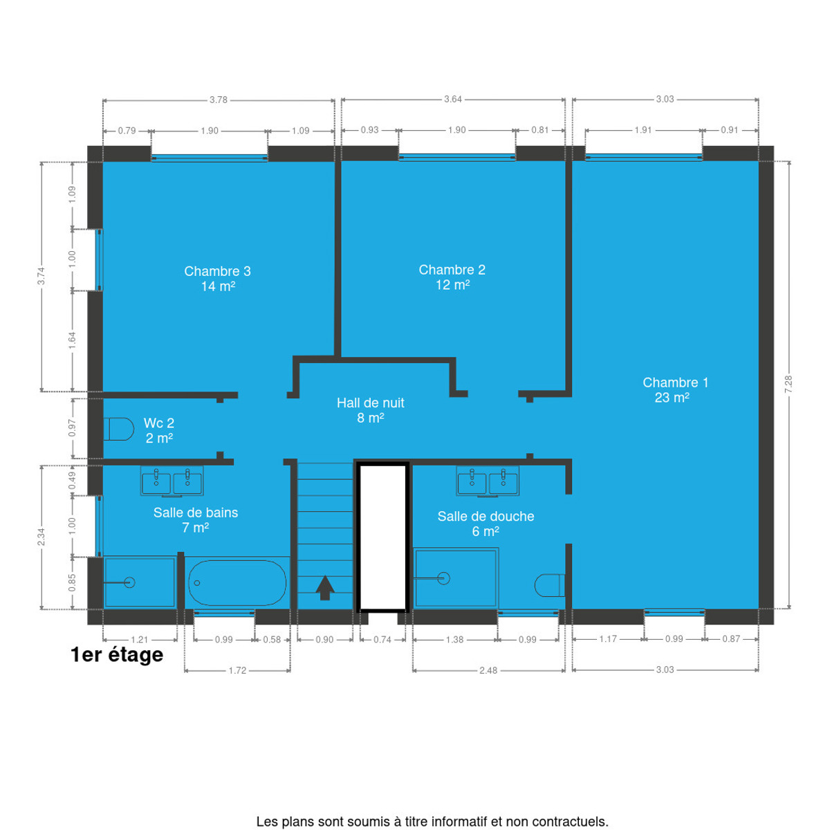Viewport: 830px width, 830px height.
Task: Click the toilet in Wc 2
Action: click(118, 429)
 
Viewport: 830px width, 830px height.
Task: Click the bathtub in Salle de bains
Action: click(237, 582)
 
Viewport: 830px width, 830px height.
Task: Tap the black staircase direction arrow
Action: click(325, 587)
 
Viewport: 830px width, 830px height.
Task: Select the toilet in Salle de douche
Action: click(549, 585)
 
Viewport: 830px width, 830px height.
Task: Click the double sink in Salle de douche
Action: click(488, 481)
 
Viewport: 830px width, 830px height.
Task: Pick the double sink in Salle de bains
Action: click(172, 481)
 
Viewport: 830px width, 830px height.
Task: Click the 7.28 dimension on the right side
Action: click(788, 384)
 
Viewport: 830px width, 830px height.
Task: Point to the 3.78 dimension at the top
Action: click(219, 100)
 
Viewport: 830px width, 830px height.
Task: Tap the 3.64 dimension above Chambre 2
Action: click(452, 100)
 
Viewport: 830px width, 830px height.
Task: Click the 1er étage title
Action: click(117, 655)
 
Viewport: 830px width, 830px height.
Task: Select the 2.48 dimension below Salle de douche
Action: click(488, 671)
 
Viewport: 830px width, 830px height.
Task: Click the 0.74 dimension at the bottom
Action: click(382, 640)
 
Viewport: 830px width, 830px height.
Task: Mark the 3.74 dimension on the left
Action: click(41, 276)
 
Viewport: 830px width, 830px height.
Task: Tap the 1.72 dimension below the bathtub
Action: click(237, 671)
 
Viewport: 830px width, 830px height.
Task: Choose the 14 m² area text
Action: click(218, 286)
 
